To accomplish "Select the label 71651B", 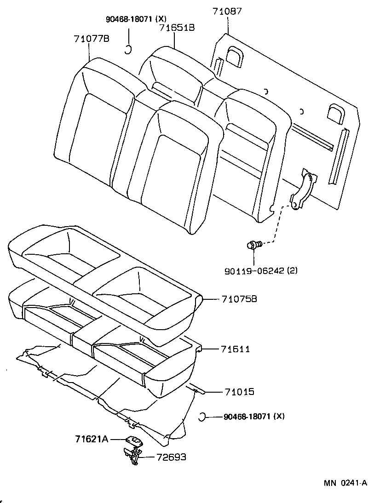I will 177,28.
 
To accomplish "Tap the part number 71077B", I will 91,39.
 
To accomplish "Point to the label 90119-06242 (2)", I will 261,271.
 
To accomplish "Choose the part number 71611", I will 235,349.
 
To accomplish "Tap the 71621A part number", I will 91,440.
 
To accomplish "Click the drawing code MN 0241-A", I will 345,483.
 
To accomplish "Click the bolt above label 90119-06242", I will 253,245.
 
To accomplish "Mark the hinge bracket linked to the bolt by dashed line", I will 301,189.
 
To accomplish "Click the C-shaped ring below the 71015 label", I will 201,417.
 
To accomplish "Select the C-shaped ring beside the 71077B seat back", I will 129,49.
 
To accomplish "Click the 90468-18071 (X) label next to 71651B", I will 135,19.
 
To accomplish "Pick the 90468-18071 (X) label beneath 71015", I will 254,417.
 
